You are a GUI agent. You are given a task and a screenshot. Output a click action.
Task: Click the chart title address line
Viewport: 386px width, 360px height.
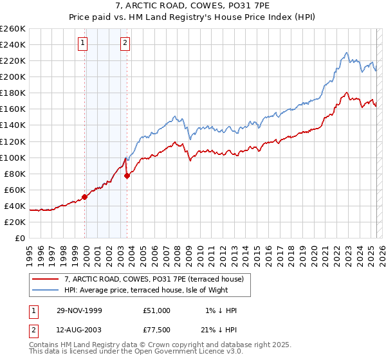(193, 6)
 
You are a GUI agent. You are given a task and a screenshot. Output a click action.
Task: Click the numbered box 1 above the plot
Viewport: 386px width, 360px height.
(84, 44)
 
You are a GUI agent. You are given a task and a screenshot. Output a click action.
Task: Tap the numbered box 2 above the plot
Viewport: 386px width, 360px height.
(125, 44)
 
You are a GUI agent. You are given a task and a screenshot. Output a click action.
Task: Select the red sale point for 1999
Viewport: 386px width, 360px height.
(85, 197)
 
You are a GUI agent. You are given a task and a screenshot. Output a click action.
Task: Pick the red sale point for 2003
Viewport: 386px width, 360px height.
(127, 175)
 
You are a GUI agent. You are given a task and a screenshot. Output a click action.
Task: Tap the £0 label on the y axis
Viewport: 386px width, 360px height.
(19, 238)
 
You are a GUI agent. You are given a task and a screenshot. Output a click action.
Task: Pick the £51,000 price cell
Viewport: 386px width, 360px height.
(157, 310)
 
